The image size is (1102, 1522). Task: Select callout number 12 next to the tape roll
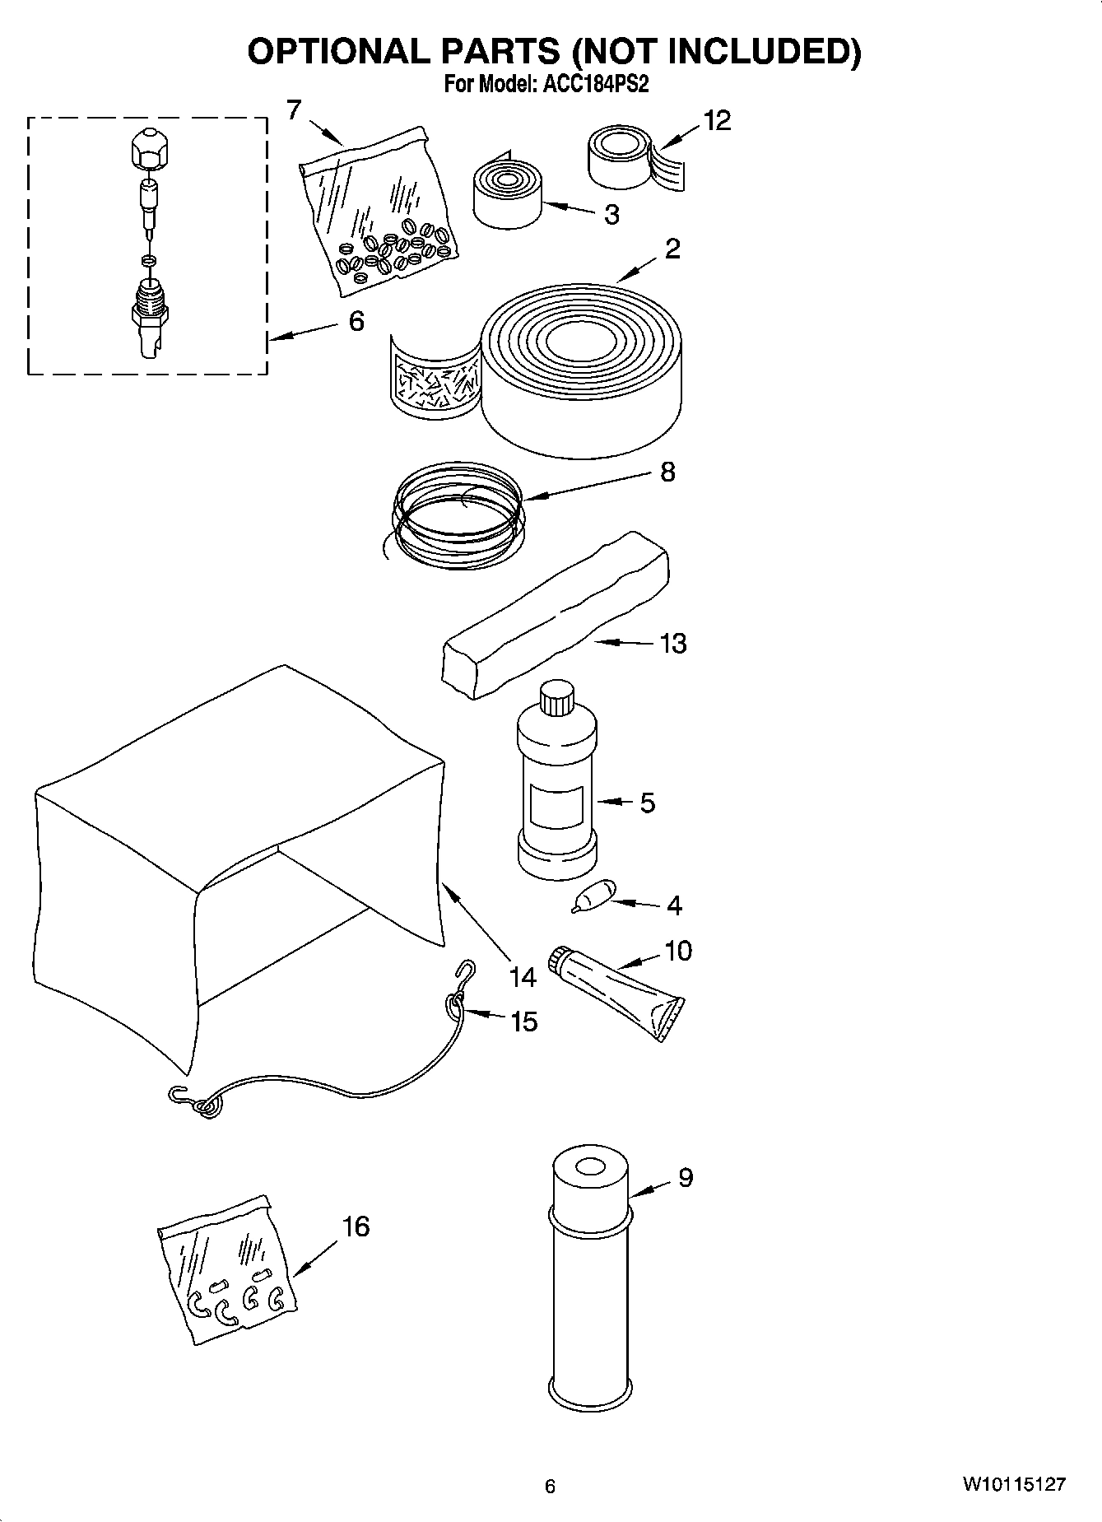pyautogui.click(x=717, y=121)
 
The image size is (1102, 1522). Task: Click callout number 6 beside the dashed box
pyautogui.click(x=356, y=321)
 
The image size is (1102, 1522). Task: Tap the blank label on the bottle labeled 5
pyautogui.click(x=556, y=806)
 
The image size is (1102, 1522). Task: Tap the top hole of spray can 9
pyautogui.click(x=589, y=1167)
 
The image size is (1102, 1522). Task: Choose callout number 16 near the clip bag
pyautogui.click(x=356, y=1226)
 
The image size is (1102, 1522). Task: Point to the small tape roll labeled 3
pyautogui.click(x=507, y=194)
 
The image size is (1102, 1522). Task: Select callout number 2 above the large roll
pyautogui.click(x=672, y=249)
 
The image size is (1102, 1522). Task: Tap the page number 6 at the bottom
pyautogui.click(x=550, y=1486)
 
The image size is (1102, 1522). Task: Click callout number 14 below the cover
pyautogui.click(x=522, y=977)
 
